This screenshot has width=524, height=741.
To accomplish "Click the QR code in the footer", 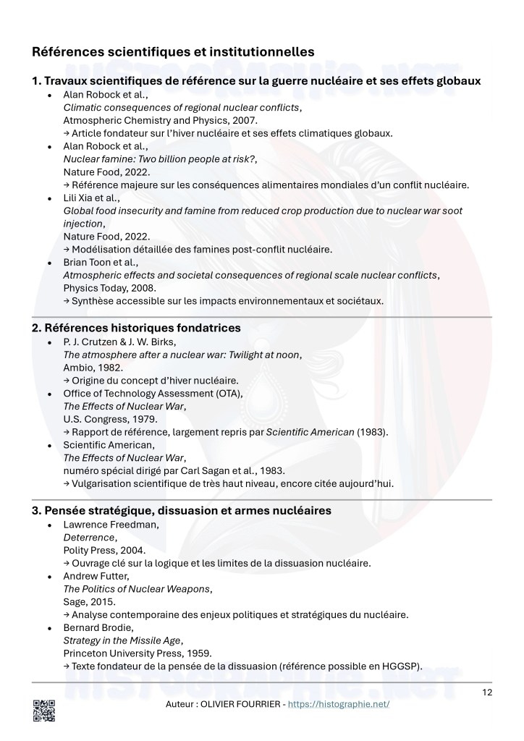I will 44,711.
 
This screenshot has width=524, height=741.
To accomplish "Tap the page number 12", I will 487,693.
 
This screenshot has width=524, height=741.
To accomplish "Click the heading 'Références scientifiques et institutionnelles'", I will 173,52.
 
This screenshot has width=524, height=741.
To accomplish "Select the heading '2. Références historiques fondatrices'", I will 136,328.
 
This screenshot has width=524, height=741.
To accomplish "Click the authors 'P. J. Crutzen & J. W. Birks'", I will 124,342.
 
